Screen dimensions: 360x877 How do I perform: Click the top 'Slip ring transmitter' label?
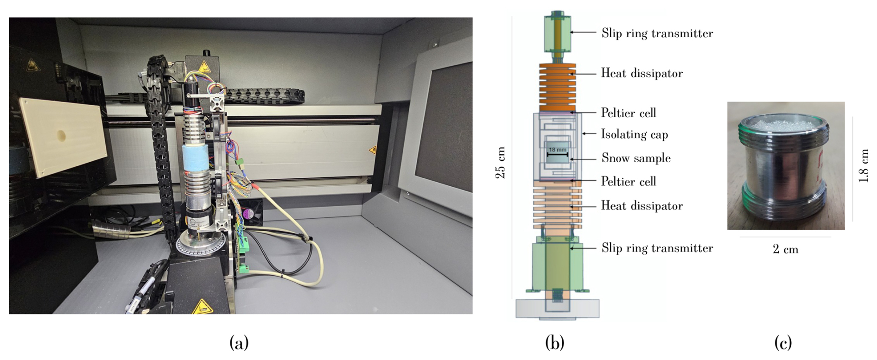click(657, 33)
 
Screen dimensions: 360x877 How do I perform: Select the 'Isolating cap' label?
click(634, 134)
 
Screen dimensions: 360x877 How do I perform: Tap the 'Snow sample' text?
click(636, 158)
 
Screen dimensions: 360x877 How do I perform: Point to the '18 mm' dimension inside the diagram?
click(557, 150)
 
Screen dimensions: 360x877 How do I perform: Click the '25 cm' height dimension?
click(500, 163)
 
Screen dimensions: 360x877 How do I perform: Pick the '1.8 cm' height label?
click(863, 165)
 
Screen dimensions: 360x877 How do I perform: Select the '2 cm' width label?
click(785, 249)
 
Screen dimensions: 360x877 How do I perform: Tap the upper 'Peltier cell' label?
click(628, 113)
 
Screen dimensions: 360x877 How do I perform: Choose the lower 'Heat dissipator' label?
click(642, 206)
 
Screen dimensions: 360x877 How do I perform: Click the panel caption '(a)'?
click(239, 343)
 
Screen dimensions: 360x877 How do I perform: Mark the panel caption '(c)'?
click(783, 343)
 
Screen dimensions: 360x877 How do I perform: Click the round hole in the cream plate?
click(61, 136)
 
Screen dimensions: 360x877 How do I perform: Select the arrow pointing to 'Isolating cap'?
click(589, 133)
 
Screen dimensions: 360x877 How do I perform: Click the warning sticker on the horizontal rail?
click(372, 150)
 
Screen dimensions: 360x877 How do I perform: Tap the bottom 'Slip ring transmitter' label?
click(657, 248)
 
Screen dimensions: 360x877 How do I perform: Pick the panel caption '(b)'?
click(554, 343)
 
